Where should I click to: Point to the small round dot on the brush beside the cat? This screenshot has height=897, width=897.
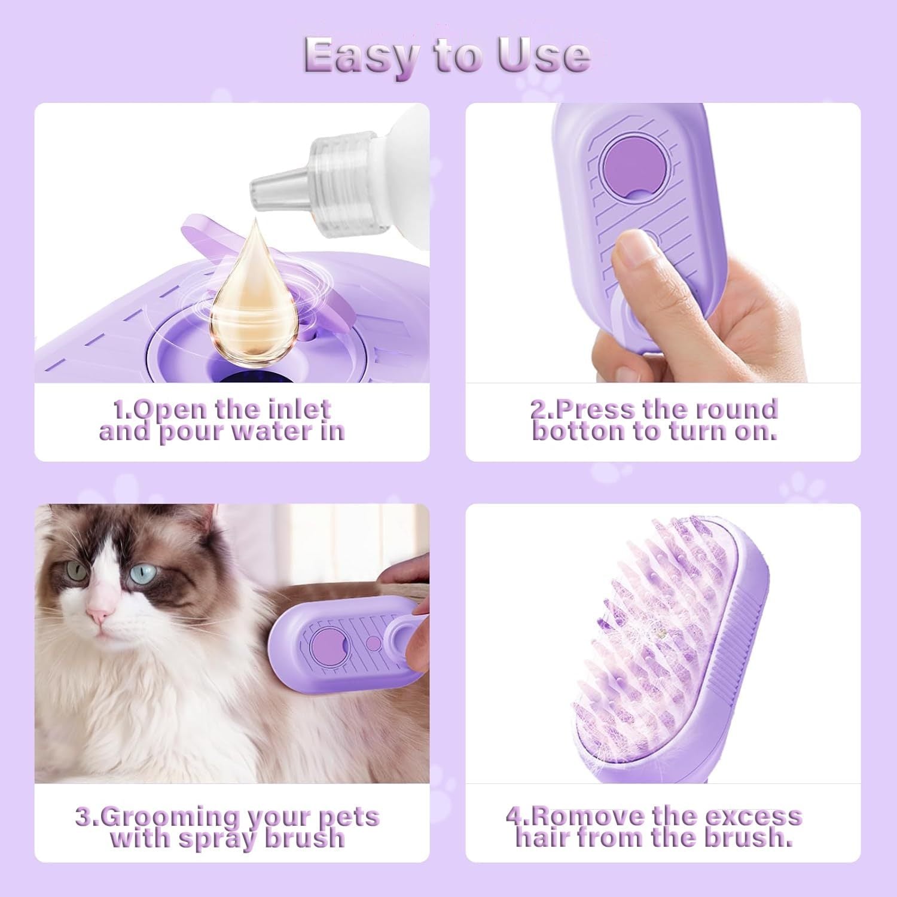[x=373, y=643]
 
